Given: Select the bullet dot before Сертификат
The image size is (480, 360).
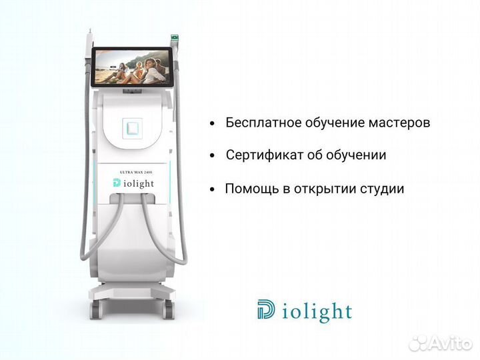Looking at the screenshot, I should click(x=212, y=156).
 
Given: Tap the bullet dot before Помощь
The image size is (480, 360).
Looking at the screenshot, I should click(x=212, y=189).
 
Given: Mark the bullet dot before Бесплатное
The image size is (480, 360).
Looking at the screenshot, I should click(x=212, y=124).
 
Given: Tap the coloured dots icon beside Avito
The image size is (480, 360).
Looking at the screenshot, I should click(x=418, y=343).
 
